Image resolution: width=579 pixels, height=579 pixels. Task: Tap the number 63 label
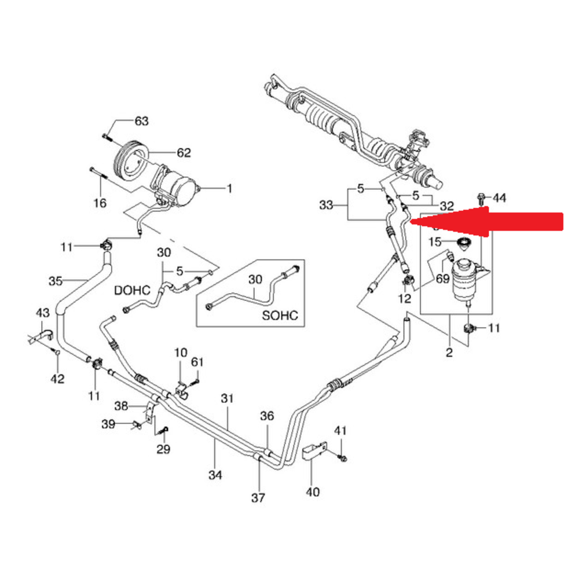pyautogui.click(x=141, y=121)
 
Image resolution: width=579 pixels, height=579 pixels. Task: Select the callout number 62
pyautogui.click(x=183, y=153)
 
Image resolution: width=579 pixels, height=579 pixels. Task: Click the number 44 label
pyautogui.click(x=499, y=198)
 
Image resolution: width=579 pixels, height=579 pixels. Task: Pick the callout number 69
pyautogui.click(x=442, y=279)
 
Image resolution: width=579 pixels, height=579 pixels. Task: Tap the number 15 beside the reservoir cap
pyautogui.click(x=434, y=241)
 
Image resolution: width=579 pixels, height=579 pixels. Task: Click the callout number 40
pyautogui.click(x=312, y=492)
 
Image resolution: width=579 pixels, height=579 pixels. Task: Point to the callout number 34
pyautogui.click(x=215, y=475)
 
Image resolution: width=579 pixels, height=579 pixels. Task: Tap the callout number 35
pyautogui.click(x=56, y=281)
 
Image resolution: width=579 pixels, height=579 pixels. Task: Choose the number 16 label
pyautogui.click(x=100, y=203)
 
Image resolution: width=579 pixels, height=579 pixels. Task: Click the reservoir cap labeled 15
pyautogui.click(x=463, y=243)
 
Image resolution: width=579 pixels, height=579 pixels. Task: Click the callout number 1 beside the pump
pyautogui.click(x=229, y=188)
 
